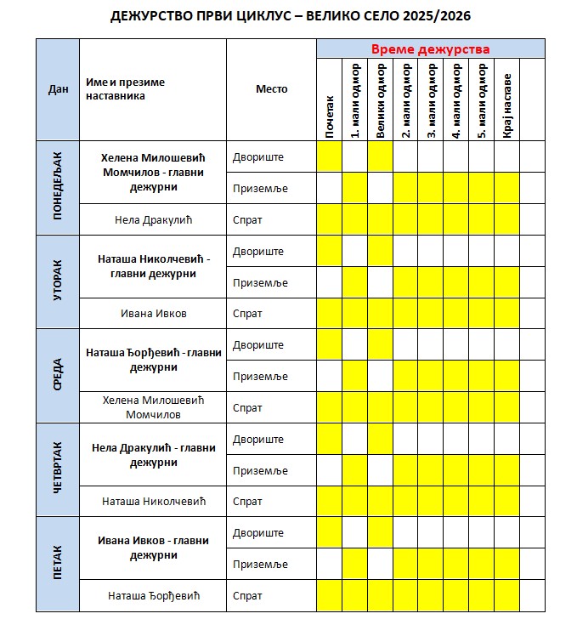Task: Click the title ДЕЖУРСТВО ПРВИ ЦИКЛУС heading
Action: pos(290,16)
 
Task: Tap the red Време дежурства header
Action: pos(430,49)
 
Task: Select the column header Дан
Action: pos(58,89)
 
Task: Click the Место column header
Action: pos(272,89)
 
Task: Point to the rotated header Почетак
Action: pos(330,118)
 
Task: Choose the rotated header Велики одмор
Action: pos(381,100)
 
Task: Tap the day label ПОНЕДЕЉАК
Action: pos(58,188)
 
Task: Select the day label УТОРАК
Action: pos(58,282)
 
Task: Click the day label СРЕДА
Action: pos(58,376)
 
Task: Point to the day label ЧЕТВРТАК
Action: pos(58,470)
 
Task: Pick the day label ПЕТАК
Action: pos(58,564)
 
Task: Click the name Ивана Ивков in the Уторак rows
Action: pos(153,314)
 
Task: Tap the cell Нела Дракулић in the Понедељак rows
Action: pos(153,219)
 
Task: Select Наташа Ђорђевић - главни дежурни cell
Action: pos(153,361)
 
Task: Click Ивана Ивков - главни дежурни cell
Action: pos(153,548)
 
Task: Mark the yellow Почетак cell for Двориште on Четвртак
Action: pos(330,440)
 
